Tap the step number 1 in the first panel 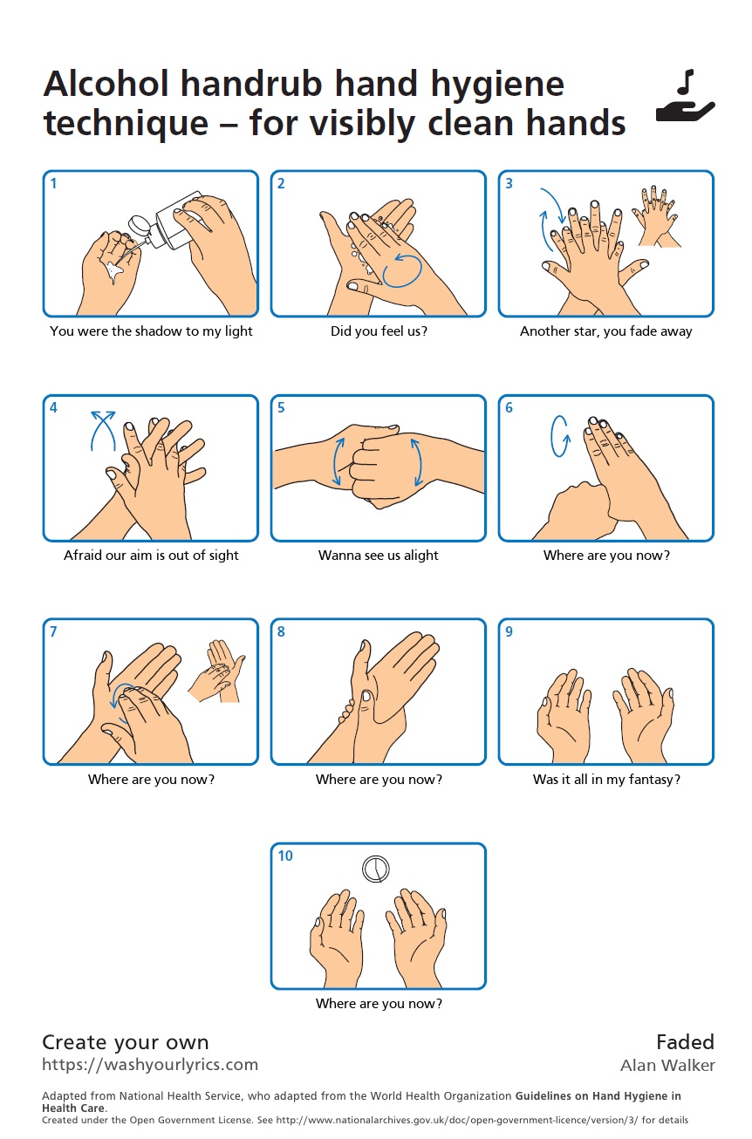click(x=53, y=183)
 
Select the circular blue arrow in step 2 click(x=402, y=270)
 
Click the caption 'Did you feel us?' click(x=379, y=331)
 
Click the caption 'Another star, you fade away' click(x=606, y=331)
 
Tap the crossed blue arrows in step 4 click(x=103, y=430)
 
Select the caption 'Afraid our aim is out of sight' click(x=151, y=556)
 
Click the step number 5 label click(x=281, y=408)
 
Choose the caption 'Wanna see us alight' click(x=379, y=556)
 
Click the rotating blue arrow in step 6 click(x=560, y=436)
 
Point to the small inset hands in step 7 click(x=217, y=672)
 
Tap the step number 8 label click(x=281, y=632)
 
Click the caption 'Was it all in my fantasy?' click(x=606, y=780)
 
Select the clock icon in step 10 click(x=376, y=869)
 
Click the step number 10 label click(x=285, y=856)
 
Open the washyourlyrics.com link click(x=150, y=1064)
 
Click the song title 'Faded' click(x=685, y=1042)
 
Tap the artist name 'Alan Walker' click(x=667, y=1065)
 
